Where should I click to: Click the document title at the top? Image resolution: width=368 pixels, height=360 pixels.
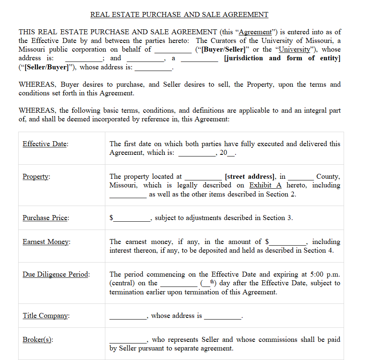coord(179,15)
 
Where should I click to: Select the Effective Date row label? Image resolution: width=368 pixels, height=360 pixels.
coord(45,144)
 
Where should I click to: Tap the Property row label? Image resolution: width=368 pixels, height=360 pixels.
coord(36,177)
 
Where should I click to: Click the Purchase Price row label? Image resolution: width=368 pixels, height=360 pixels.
coord(45,218)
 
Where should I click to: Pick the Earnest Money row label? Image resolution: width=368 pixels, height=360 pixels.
coord(46,242)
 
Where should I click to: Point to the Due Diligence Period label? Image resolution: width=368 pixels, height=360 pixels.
coord(56,275)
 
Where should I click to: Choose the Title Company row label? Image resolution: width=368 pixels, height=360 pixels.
coord(46,316)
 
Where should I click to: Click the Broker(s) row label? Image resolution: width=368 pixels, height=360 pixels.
coord(38,340)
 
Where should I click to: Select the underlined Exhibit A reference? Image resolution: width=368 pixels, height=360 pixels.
coord(265,185)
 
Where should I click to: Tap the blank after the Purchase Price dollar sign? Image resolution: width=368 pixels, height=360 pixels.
coord(132,218)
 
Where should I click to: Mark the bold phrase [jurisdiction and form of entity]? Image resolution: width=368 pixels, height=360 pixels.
coord(282,58)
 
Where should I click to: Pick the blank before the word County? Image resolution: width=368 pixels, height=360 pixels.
coord(301,177)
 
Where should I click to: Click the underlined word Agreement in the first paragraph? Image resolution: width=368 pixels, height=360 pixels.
coord(255,32)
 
